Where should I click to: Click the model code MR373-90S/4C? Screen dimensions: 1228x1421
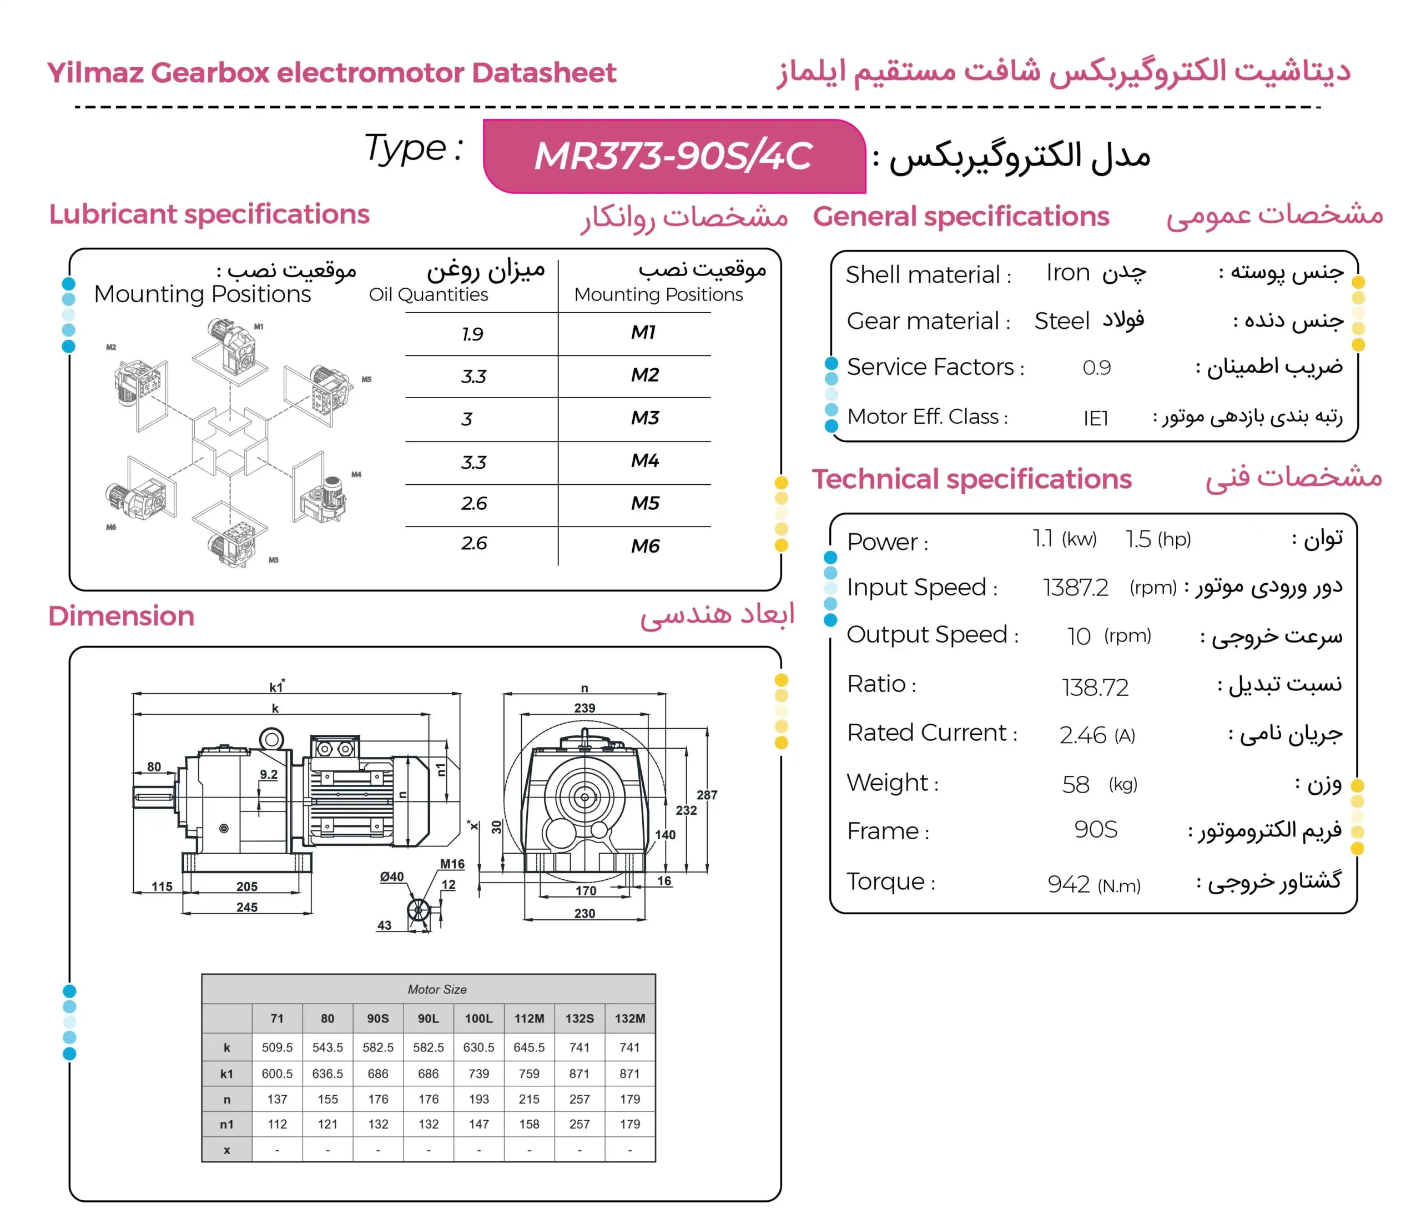[673, 157]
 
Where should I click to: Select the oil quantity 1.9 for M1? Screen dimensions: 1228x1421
[472, 334]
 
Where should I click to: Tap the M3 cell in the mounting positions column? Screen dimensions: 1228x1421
[644, 418]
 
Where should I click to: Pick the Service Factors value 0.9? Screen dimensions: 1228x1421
[1096, 368]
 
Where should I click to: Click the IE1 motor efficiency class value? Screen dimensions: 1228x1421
[1095, 418]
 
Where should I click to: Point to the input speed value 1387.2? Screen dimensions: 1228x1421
[1075, 588]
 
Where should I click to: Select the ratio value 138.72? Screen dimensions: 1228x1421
[1095, 686]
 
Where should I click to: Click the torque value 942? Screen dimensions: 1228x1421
[1069, 884]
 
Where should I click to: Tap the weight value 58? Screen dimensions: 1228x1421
[1075, 784]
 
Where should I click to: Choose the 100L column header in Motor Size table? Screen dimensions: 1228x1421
[478, 1019]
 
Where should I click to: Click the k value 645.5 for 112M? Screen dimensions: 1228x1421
[529, 1047]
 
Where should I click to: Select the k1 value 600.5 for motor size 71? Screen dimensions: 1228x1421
[277, 1074]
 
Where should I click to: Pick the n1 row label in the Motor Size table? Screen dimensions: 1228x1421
[226, 1124]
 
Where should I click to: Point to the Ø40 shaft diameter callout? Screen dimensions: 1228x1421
[391, 877]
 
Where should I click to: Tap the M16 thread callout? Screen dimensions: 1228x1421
[452, 864]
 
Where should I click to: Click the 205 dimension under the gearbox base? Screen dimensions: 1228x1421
[247, 886]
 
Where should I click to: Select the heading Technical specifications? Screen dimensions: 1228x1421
[972, 479]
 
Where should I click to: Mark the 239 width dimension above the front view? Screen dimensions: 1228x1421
[584, 708]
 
